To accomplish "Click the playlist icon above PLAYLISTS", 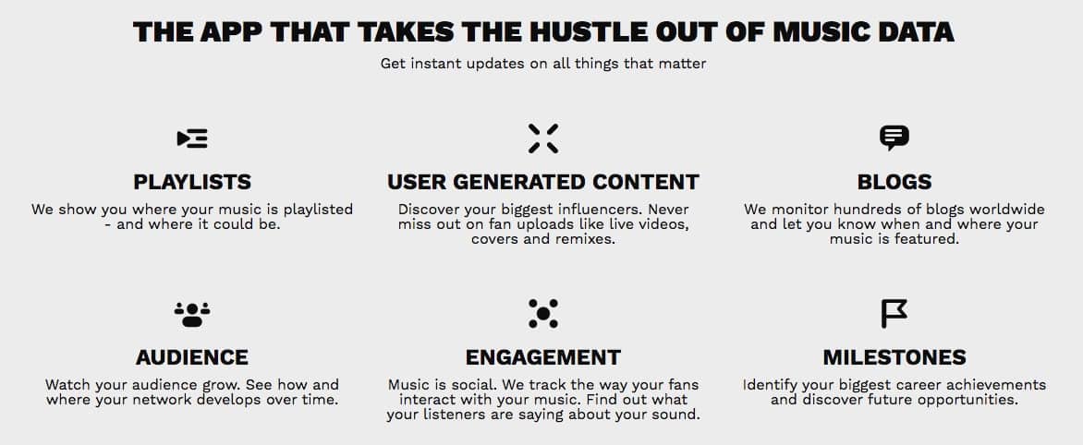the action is (192, 138).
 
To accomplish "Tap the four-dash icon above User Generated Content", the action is (542, 138).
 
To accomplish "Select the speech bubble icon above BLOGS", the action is (894, 138).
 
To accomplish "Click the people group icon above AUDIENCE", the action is (192, 314).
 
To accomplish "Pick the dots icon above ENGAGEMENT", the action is (542, 313).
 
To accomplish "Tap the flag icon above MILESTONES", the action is (894, 313).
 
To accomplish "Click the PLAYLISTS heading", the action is (192, 182).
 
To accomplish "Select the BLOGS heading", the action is (894, 182).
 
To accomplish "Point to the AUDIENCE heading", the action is (192, 357).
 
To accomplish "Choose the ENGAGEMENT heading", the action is (542, 357).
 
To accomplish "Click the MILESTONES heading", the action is (894, 357).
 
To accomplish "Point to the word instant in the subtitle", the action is (431, 64).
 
